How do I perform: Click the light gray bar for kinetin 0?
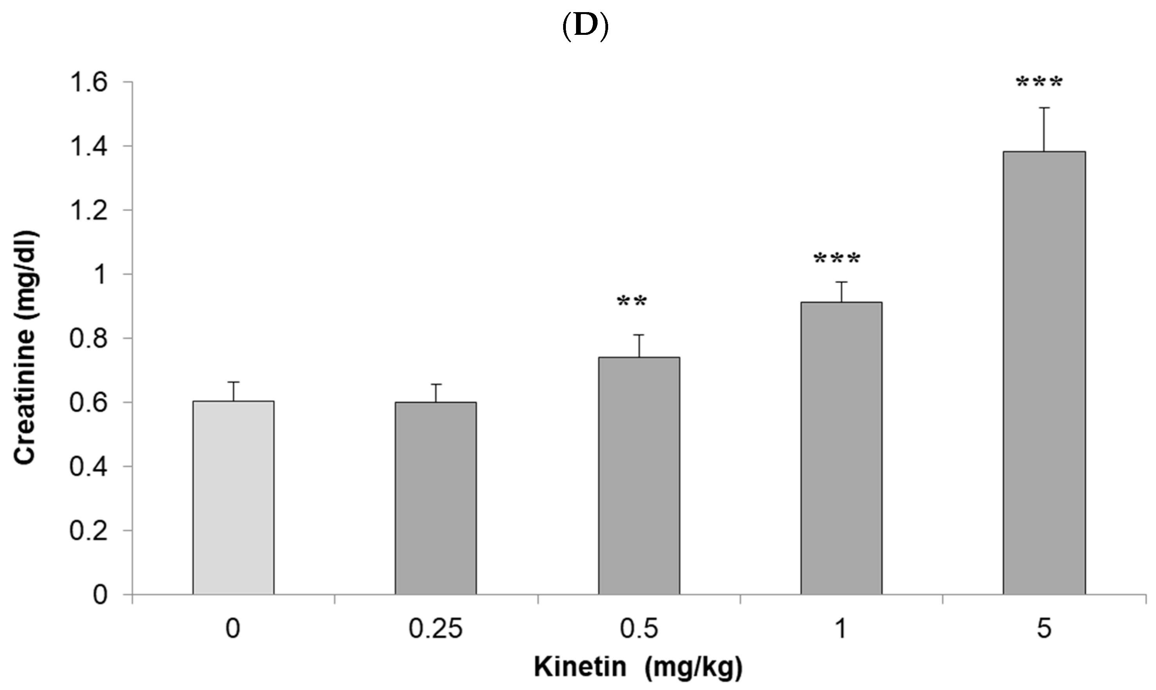pos(233,497)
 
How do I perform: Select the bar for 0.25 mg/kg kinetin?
pos(436,499)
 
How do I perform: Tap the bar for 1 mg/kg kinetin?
pos(841,448)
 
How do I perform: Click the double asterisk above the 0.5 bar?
pos(632,302)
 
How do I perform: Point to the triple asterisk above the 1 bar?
pos(837,259)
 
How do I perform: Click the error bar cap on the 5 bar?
pos(1044,108)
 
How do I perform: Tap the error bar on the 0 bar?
pos(233,391)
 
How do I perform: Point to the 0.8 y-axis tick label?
pos(88,339)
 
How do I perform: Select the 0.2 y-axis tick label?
pos(88,531)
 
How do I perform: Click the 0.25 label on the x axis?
pos(436,629)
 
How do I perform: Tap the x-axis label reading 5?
pos(1044,629)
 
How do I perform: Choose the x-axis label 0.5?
pos(639,629)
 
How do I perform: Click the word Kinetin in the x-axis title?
pos(580,667)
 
